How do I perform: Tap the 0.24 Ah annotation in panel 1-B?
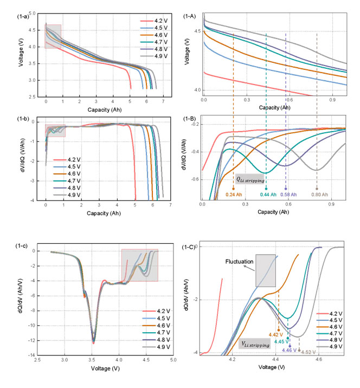pyautogui.click(x=234, y=193)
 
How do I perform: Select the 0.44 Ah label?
pyautogui.click(x=267, y=193)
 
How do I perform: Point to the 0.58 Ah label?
pyautogui.click(x=286, y=193)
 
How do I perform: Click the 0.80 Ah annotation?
pyautogui.click(x=318, y=193)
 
